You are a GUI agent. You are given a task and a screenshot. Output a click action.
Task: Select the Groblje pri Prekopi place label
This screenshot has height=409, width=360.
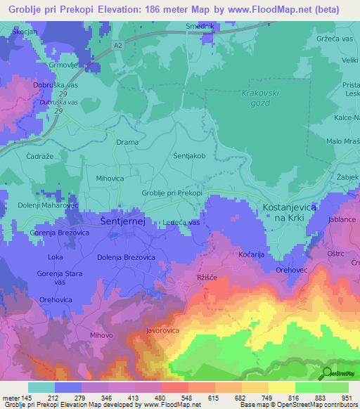point(172,193)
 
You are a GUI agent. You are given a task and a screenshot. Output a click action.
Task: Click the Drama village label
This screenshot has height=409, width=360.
point(127,142)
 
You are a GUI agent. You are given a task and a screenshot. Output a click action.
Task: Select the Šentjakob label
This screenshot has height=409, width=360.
point(189,156)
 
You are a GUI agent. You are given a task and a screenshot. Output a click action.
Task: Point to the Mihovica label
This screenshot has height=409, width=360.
point(110,178)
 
